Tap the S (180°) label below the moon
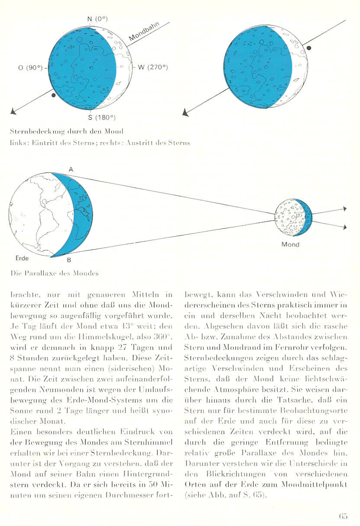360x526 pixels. pyautogui.click(x=99, y=117)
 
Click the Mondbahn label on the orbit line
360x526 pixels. pyautogui.click(x=144, y=36)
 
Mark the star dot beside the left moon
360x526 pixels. pyautogui.click(x=53, y=94)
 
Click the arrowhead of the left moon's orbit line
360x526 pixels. pyautogui.click(x=14, y=112)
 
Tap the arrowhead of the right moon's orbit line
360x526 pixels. pyautogui.click(x=187, y=113)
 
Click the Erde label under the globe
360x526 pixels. pyautogui.click(x=22, y=258)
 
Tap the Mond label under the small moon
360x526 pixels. pyautogui.click(x=290, y=245)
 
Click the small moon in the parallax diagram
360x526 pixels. pyautogui.click(x=294, y=218)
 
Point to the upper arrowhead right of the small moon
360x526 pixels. pyautogui.click(x=345, y=209)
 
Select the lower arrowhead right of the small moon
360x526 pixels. pyautogui.click(x=345, y=226)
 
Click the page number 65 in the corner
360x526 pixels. pyautogui.click(x=344, y=516)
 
